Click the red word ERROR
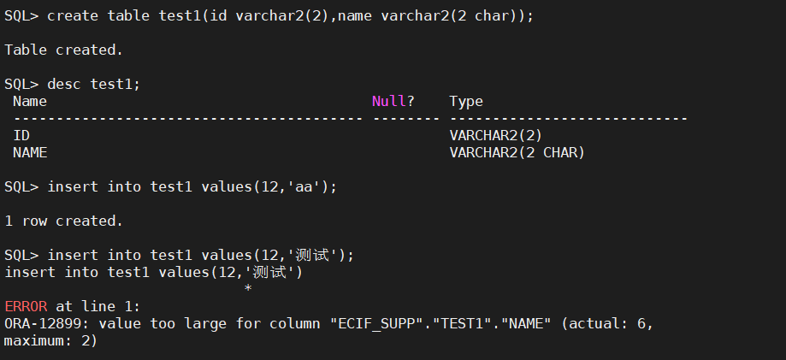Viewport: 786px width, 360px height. [x=26, y=306]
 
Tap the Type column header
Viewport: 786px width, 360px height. [x=466, y=101]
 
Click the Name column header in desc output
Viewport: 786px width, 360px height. [x=30, y=101]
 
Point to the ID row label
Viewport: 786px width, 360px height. [x=21, y=135]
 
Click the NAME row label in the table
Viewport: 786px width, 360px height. [x=30, y=152]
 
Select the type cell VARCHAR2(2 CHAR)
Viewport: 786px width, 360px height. [x=517, y=152]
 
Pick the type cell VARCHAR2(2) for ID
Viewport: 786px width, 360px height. [x=495, y=135]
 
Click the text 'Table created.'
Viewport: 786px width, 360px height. [x=64, y=50]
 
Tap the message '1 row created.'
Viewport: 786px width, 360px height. [x=64, y=221]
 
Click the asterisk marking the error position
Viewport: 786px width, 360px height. [x=248, y=289]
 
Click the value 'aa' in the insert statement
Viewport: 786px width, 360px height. [x=304, y=186]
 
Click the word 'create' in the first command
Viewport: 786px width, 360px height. [x=73, y=15]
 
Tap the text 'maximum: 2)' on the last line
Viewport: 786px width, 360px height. [x=51, y=340]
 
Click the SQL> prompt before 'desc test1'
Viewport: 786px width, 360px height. [x=21, y=84]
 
